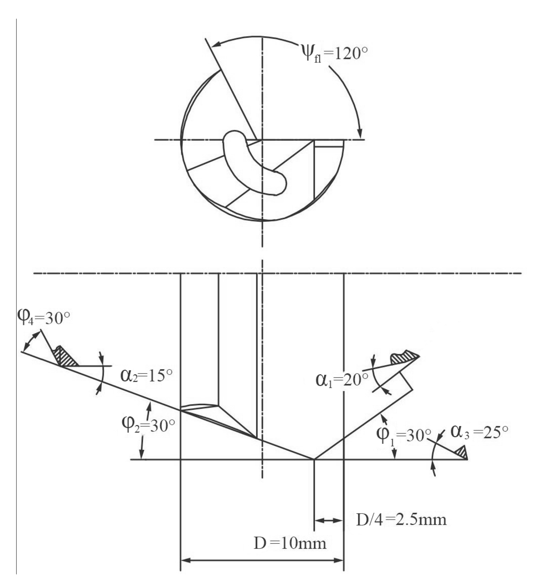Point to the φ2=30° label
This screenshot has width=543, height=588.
point(148,427)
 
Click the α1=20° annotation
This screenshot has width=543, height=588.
point(342,380)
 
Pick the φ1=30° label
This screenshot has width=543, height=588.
point(403,435)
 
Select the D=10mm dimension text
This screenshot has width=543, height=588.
point(290,543)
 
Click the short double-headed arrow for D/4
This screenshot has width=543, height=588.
point(329,520)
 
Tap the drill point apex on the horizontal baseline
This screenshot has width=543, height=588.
point(314,459)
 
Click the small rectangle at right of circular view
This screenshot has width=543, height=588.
point(329,143)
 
